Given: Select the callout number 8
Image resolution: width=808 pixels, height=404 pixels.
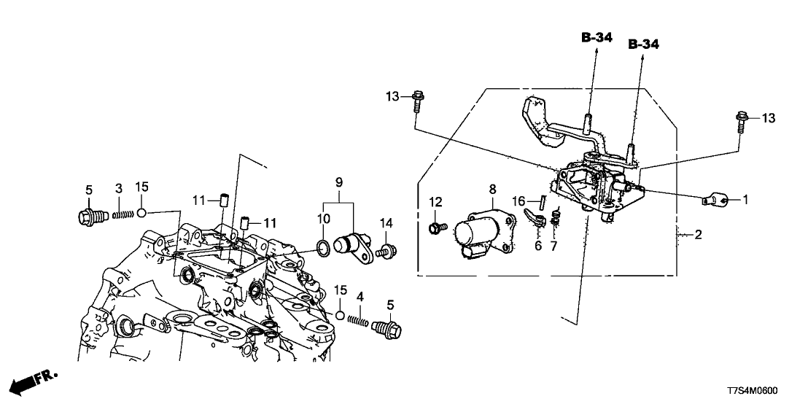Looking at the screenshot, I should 493,189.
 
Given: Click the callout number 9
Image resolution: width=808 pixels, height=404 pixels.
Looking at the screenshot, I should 338,180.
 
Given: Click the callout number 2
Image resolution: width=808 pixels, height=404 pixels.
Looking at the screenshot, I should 699,235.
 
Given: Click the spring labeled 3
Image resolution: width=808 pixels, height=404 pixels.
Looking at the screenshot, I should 123,214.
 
